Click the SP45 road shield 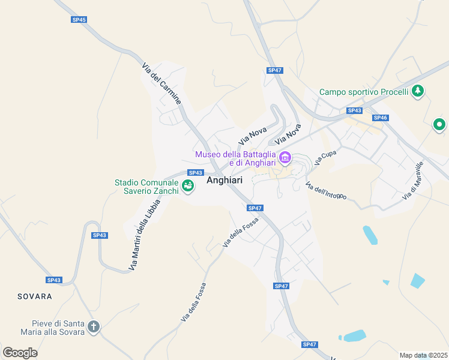[x=79, y=20]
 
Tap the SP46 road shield [x=380, y=118]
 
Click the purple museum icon [x=285, y=158]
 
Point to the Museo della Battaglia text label [x=235, y=158]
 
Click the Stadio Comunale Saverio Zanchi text [x=147, y=187]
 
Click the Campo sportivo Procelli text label [x=364, y=92]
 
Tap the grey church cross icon [x=93, y=327]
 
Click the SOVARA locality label [x=35, y=296]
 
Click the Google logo [x=20, y=352]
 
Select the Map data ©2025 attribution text [x=423, y=355]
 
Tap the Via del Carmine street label [x=161, y=83]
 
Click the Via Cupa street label [x=325, y=158]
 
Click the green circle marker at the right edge [x=440, y=125]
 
